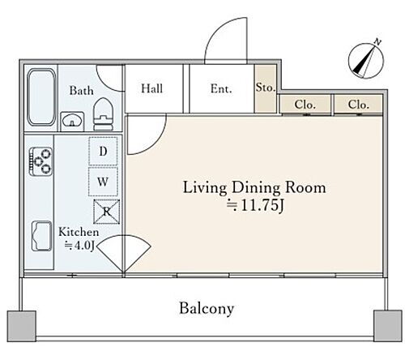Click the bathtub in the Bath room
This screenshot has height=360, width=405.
[41, 97]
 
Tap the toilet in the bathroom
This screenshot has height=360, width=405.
[104, 114]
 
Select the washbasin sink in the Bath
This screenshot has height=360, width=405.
[72, 121]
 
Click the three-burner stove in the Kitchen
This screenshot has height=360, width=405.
[40, 161]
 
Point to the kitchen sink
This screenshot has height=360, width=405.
[41, 236]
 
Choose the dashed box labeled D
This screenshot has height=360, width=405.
[103, 151]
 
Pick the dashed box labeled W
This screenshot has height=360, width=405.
[103, 182]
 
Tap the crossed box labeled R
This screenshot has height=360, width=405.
[107, 212]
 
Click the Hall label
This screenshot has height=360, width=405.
[152, 88]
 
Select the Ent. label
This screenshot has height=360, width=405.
[221, 88]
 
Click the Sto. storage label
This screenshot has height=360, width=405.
[266, 88]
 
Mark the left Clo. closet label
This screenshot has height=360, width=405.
[305, 105]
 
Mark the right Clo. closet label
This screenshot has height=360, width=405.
[359, 105]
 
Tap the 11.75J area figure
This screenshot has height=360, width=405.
[255, 205]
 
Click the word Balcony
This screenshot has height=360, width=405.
[207, 308]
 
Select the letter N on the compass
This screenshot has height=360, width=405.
[377, 42]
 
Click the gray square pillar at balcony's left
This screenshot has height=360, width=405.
[22, 326]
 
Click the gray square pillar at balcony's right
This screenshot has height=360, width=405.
[388, 326]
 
